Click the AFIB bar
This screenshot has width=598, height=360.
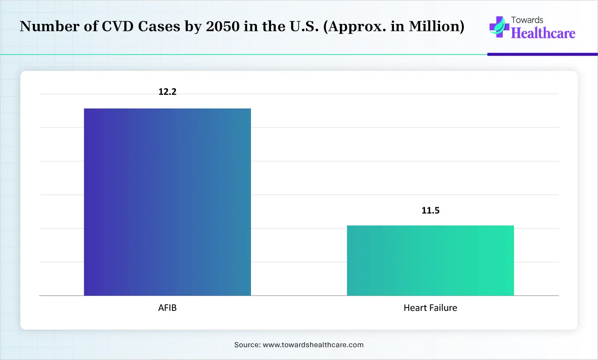[167, 202]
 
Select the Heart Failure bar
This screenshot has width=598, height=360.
[430, 260]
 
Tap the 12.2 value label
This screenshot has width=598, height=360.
[167, 92]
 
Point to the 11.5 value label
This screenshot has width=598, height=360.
[430, 211]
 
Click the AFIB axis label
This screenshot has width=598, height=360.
[167, 308]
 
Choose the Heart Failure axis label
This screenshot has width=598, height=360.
[430, 308]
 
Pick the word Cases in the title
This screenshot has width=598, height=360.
[159, 26]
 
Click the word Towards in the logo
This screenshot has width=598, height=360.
[527, 20]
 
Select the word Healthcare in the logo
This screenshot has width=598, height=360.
[543, 33]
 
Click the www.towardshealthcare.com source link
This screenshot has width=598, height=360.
[313, 345]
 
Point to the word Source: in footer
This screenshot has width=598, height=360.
[247, 345]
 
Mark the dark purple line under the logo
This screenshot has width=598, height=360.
[542, 54]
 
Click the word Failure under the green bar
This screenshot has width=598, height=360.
[443, 308]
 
